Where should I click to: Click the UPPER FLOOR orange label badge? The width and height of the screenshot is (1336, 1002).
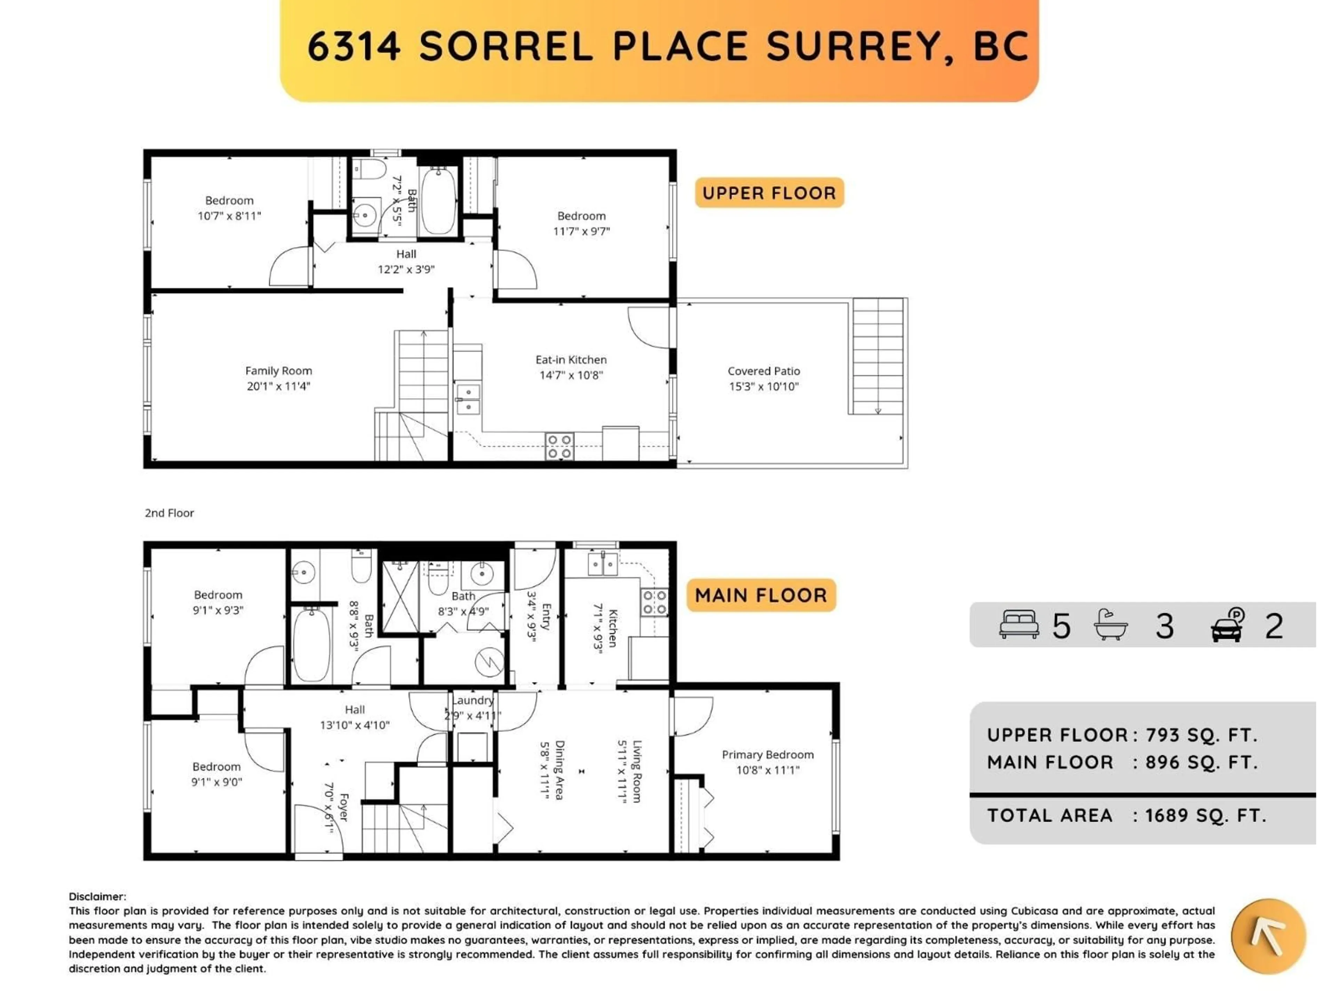point(769,193)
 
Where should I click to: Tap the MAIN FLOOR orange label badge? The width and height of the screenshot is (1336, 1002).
point(761,596)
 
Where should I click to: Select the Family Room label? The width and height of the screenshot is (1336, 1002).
point(278,371)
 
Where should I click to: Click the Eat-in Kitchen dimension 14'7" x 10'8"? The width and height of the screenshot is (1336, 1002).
point(571,375)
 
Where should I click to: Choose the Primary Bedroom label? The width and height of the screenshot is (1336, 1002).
point(768,755)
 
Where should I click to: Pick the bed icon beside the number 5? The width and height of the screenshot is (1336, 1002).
point(1019,625)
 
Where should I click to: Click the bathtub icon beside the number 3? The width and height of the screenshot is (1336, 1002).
point(1111,625)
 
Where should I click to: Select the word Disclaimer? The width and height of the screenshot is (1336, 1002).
point(97,897)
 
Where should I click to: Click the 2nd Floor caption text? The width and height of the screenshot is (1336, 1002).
point(169,514)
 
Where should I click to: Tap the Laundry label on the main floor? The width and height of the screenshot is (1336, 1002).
point(473,701)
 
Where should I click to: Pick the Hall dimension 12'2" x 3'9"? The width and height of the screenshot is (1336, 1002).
point(406,269)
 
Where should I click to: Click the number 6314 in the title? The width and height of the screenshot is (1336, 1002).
point(354,47)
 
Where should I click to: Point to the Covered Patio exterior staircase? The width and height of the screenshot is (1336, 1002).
point(877,356)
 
